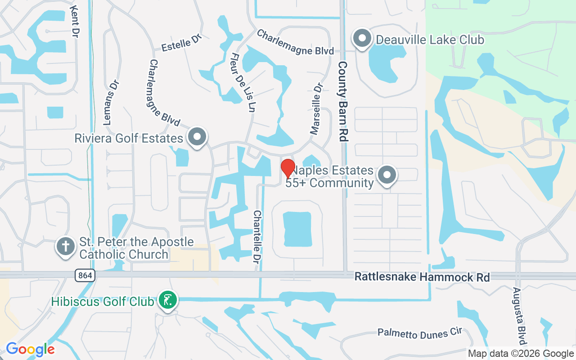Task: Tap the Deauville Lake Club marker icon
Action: [362, 39]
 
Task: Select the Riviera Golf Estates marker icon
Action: [197, 137]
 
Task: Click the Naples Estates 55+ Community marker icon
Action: [387, 175]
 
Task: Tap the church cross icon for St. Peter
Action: [66, 247]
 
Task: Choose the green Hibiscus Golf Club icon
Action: [168, 300]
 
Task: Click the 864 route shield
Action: [85, 275]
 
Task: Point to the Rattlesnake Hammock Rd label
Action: [422, 276]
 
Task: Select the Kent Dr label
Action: [75, 22]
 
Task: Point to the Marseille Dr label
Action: [316, 108]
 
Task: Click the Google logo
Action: [30, 349]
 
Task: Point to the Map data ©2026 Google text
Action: [521, 354]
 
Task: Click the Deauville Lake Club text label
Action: [430, 40]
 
